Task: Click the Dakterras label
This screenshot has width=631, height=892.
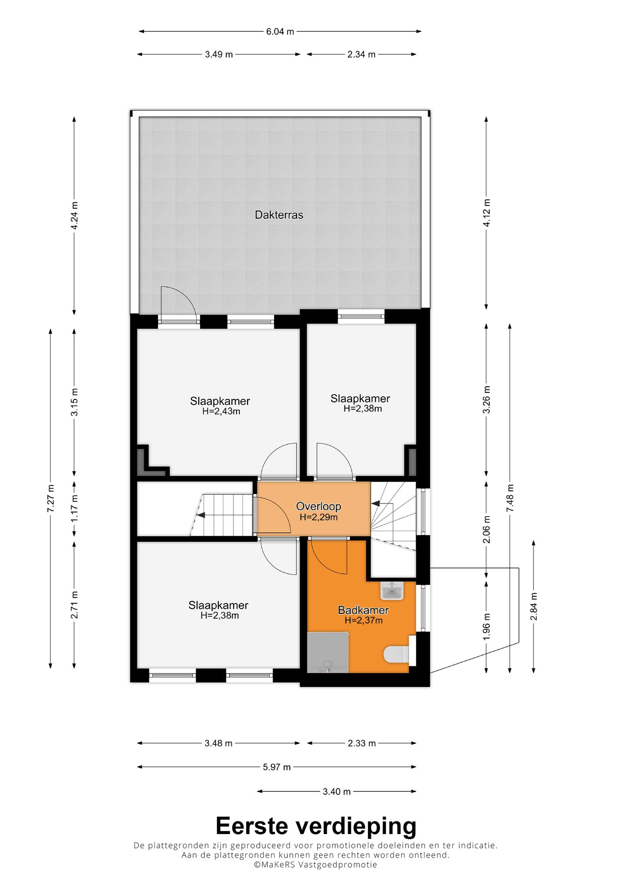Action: (x=279, y=215)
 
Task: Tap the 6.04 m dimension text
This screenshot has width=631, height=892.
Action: (x=280, y=31)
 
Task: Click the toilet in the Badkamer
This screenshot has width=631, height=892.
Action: (x=396, y=654)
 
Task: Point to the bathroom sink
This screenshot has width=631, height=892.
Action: (x=393, y=591)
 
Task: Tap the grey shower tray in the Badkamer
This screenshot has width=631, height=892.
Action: (x=328, y=652)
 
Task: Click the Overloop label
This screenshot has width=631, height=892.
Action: (x=318, y=506)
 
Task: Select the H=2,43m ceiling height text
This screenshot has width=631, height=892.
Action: (x=221, y=411)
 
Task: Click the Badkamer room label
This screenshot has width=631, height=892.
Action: (x=363, y=610)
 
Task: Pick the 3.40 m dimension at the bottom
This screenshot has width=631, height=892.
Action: (x=336, y=791)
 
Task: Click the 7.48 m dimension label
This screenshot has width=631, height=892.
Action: (x=510, y=498)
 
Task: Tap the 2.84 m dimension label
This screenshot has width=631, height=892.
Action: (x=534, y=606)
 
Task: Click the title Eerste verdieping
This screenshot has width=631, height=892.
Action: (x=316, y=826)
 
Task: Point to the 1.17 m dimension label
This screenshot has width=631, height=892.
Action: (x=75, y=508)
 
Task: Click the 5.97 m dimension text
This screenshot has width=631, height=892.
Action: (x=277, y=767)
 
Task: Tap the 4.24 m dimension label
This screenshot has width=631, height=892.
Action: (x=75, y=215)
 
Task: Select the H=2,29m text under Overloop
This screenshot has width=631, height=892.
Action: (x=319, y=517)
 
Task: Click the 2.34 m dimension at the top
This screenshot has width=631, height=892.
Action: (x=361, y=54)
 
